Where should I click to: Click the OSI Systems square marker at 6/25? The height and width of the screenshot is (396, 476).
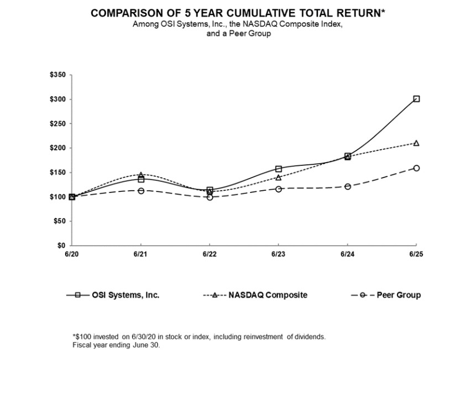coord(416,99)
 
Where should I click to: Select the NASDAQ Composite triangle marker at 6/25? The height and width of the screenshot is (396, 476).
coord(416,143)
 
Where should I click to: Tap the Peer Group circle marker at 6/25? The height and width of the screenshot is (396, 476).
coord(416,168)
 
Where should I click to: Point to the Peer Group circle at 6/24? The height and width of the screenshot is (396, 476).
coord(347,186)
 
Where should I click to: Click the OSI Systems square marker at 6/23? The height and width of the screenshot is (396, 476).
coord(279,169)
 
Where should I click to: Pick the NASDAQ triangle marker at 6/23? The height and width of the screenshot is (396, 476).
coord(279,178)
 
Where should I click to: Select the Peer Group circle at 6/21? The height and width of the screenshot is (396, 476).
coord(141,191)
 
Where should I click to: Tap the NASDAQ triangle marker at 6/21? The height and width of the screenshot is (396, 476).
coord(141,175)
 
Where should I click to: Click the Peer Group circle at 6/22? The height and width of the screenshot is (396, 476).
coord(210,197)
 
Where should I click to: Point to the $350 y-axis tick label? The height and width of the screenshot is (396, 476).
coord(57,75)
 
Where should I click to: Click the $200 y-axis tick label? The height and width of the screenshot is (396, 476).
coord(57,148)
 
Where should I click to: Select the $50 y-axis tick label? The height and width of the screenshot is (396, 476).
coord(59,221)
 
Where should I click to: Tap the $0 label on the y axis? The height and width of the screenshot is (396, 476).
coord(61,245)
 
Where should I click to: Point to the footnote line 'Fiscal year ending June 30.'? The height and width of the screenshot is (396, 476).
coord(116,345)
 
